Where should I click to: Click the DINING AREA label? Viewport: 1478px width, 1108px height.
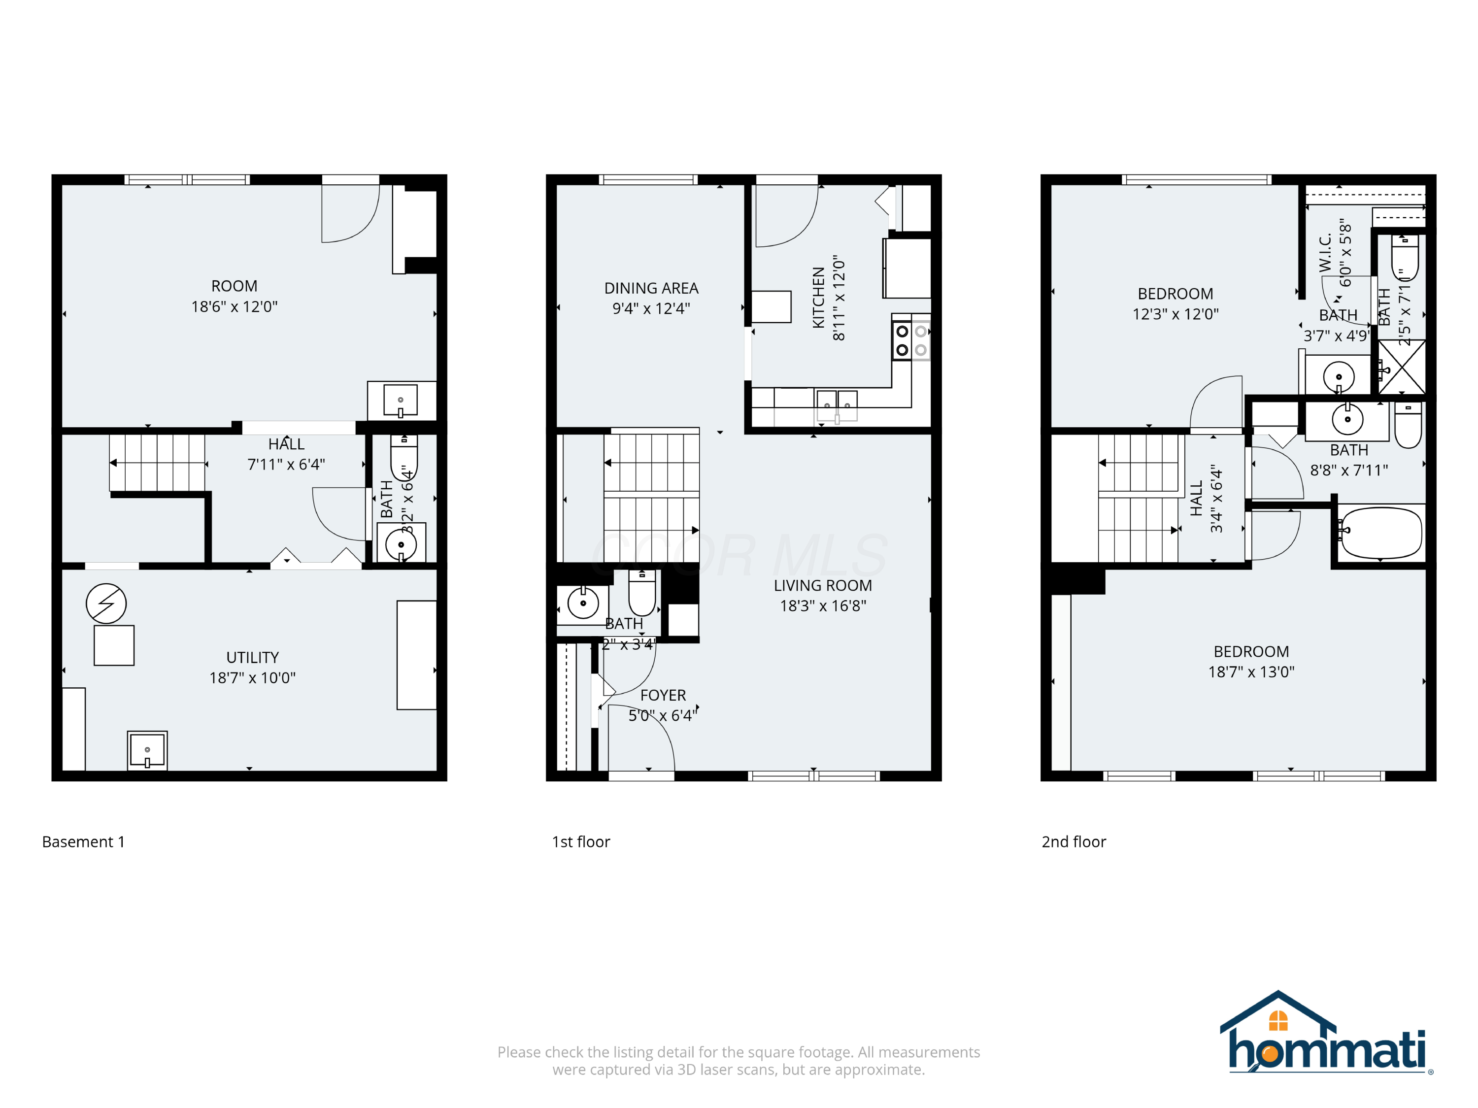point(651,288)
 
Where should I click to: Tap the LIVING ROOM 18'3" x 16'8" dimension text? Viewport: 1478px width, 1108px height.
point(823,605)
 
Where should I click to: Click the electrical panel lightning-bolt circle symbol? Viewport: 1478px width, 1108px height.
point(106,604)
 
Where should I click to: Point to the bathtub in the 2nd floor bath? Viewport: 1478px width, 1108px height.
point(1380,533)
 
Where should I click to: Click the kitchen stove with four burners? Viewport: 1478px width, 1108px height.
point(911,340)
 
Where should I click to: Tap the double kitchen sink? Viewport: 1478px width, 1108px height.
point(837,405)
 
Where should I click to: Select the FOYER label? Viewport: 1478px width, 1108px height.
point(662,695)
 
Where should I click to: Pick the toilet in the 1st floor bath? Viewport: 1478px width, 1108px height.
point(642,594)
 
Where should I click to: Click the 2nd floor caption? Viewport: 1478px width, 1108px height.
point(1073,842)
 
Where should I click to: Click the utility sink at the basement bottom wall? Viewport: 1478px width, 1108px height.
point(147,750)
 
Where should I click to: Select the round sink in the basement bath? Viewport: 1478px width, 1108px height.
point(401,544)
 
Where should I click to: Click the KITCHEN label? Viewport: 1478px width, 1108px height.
point(818,298)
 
